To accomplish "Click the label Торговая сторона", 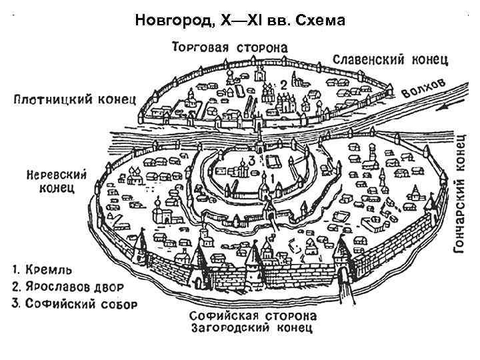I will pyautogui.click(x=229, y=47).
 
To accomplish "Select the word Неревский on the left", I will pyautogui.click(x=57, y=174).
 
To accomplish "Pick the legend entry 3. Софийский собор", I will pyautogui.click(x=74, y=304).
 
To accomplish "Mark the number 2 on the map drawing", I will pyautogui.click(x=283, y=85).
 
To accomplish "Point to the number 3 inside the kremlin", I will pyautogui.click(x=251, y=161).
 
